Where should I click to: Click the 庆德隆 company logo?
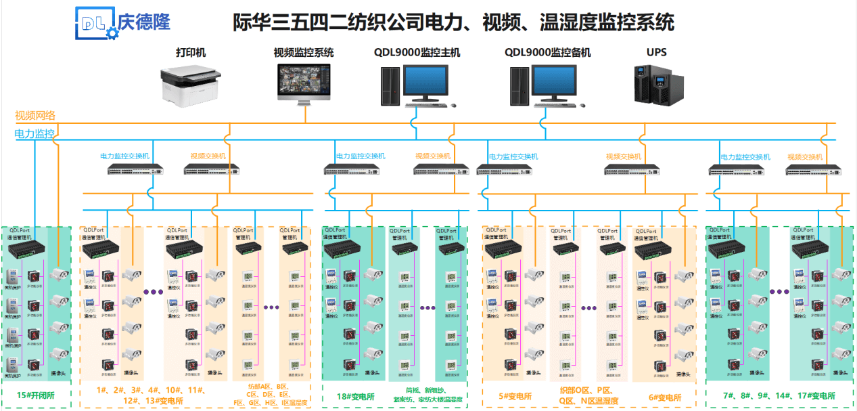click(x=122, y=23)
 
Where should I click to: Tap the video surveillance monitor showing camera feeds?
click(x=304, y=83)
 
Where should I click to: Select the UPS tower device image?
click(x=655, y=83)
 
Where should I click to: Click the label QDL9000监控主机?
click(x=417, y=52)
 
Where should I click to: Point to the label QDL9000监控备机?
click(x=547, y=52)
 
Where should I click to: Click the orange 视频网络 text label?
click(x=35, y=115)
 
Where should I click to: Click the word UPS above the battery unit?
click(x=656, y=52)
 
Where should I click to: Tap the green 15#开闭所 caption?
click(x=37, y=395)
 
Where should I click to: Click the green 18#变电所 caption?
click(x=356, y=396)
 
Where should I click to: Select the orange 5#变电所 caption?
click(x=515, y=397)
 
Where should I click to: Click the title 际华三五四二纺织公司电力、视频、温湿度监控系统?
click(x=453, y=22)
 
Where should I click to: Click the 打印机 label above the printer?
click(x=191, y=52)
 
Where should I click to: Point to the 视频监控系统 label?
click(x=304, y=52)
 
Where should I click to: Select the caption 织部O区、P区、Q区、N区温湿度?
click(x=588, y=395)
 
